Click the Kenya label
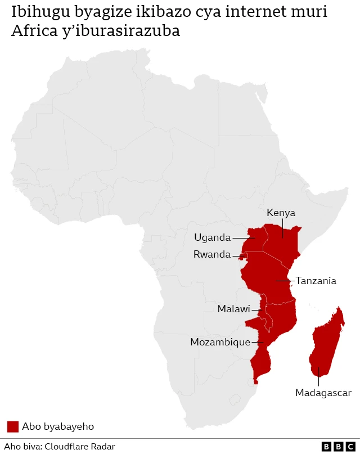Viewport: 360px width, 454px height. point(281,213)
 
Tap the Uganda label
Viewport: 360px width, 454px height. point(212,237)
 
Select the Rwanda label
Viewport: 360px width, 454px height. point(211,254)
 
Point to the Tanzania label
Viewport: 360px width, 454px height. point(316,280)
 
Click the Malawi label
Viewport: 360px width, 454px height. point(233,309)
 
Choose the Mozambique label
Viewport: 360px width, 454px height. point(220,342)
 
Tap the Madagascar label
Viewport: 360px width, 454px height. point(323,393)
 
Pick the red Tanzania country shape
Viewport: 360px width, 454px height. point(267,278)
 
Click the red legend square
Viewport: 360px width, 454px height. point(12,426)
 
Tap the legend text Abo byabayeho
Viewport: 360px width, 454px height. point(58,426)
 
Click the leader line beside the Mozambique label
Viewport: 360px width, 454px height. point(258,342)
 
